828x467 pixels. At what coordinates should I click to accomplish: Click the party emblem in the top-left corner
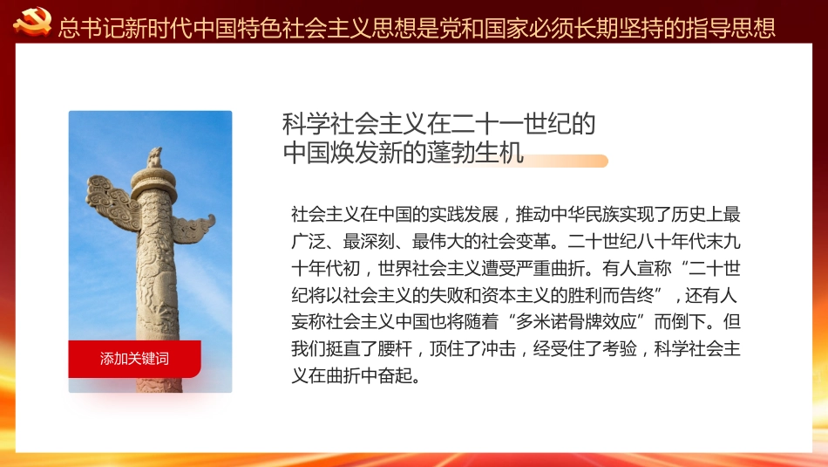(32, 22)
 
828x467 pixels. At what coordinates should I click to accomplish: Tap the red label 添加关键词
(134, 359)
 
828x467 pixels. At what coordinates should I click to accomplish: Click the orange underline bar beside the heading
(567, 161)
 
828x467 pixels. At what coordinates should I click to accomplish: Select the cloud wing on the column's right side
(193, 228)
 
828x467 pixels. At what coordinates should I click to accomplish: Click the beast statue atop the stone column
(155, 158)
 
